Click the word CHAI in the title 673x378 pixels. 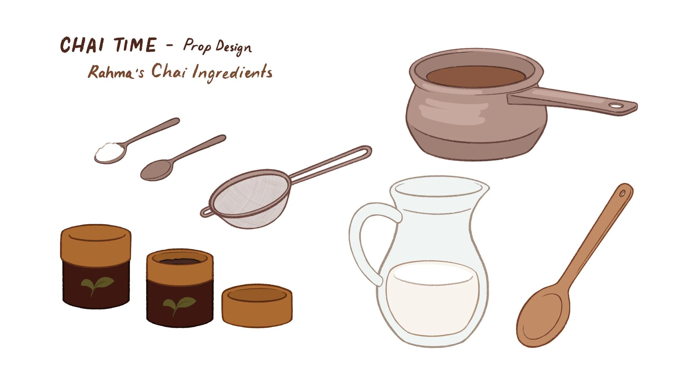tap(82, 45)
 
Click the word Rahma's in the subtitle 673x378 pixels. tap(116, 72)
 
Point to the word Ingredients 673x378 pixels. tap(232, 72)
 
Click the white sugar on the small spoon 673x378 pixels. tap(109, 152)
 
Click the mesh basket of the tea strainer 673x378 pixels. tap(250, 200)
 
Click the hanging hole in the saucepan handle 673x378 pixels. tap(616, 106)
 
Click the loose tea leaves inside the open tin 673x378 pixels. tap(180, 261)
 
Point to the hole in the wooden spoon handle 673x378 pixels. tap(622, 194)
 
